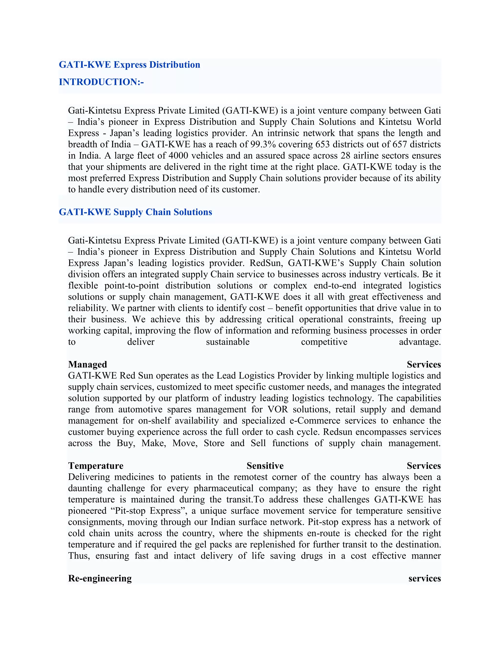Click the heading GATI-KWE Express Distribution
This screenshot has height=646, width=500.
pos(129,65)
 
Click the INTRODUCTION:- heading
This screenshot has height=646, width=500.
pos(101,82)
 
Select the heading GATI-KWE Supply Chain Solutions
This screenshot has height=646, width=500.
pos(135,212)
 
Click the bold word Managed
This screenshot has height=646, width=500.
pos(87,364)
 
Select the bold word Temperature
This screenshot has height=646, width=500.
pos(96,466)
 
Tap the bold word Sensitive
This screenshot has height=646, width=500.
pos(265,466)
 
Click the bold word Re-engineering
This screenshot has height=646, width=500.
pos(100,578)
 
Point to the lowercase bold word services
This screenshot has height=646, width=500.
pos(425,578)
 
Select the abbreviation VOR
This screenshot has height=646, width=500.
pos(277,409)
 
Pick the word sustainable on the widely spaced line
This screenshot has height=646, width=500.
pos(228,342)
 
